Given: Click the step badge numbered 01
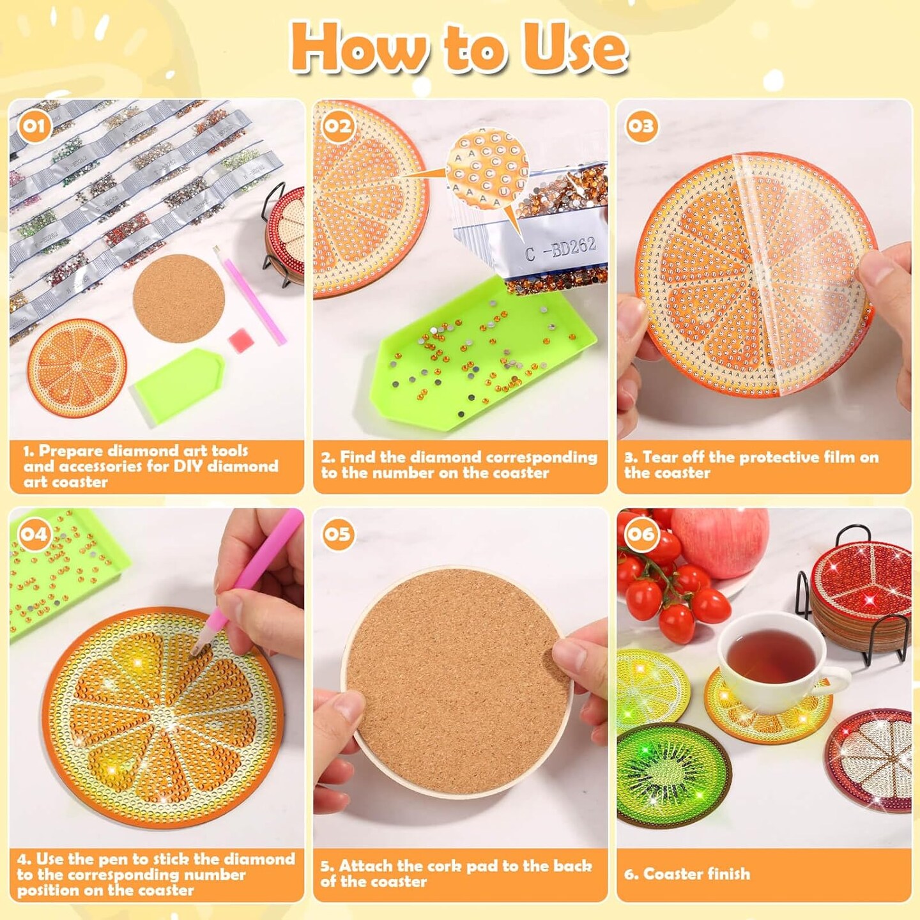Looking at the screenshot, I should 34,126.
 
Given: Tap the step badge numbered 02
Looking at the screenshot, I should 337,126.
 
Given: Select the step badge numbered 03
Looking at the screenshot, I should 641,126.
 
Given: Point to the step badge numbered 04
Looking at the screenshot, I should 34,533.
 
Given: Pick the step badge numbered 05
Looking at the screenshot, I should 337,533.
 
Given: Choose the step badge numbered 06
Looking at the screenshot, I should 641,533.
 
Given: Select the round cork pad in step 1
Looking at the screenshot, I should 179,298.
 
